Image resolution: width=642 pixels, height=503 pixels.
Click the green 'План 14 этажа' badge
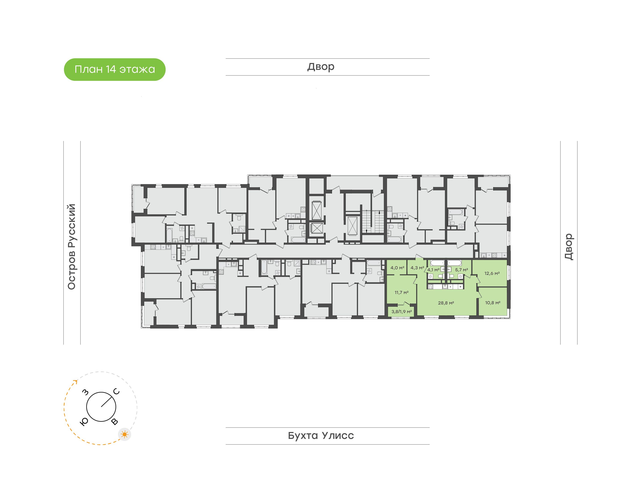point(115,69)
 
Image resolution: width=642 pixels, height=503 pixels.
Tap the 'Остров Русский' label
point(72,247)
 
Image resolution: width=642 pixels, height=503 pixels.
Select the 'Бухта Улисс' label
point(321,436)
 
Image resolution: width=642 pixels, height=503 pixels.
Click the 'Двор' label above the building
point(321,67)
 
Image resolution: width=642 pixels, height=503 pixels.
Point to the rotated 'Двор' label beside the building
point(569,247)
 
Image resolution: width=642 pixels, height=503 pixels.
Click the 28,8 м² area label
point(446,303)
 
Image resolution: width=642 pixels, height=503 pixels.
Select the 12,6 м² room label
point(492,273)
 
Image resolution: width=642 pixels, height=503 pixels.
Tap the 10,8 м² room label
point(493,302)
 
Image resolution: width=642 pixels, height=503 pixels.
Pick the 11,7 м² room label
point(402,292)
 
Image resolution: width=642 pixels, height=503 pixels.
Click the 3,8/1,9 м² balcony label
point(402,312)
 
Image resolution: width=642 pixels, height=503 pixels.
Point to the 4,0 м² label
point(397,268)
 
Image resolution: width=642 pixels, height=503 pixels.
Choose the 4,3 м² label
point(417,268)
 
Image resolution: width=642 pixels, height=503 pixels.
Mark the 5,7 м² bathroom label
point(461,270)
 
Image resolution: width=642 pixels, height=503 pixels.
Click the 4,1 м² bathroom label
point(434,270)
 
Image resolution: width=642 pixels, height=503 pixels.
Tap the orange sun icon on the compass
point(125,434)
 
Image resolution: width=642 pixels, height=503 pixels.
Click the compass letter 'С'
point(117,391)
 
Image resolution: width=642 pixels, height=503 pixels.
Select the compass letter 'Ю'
point(84,422)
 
